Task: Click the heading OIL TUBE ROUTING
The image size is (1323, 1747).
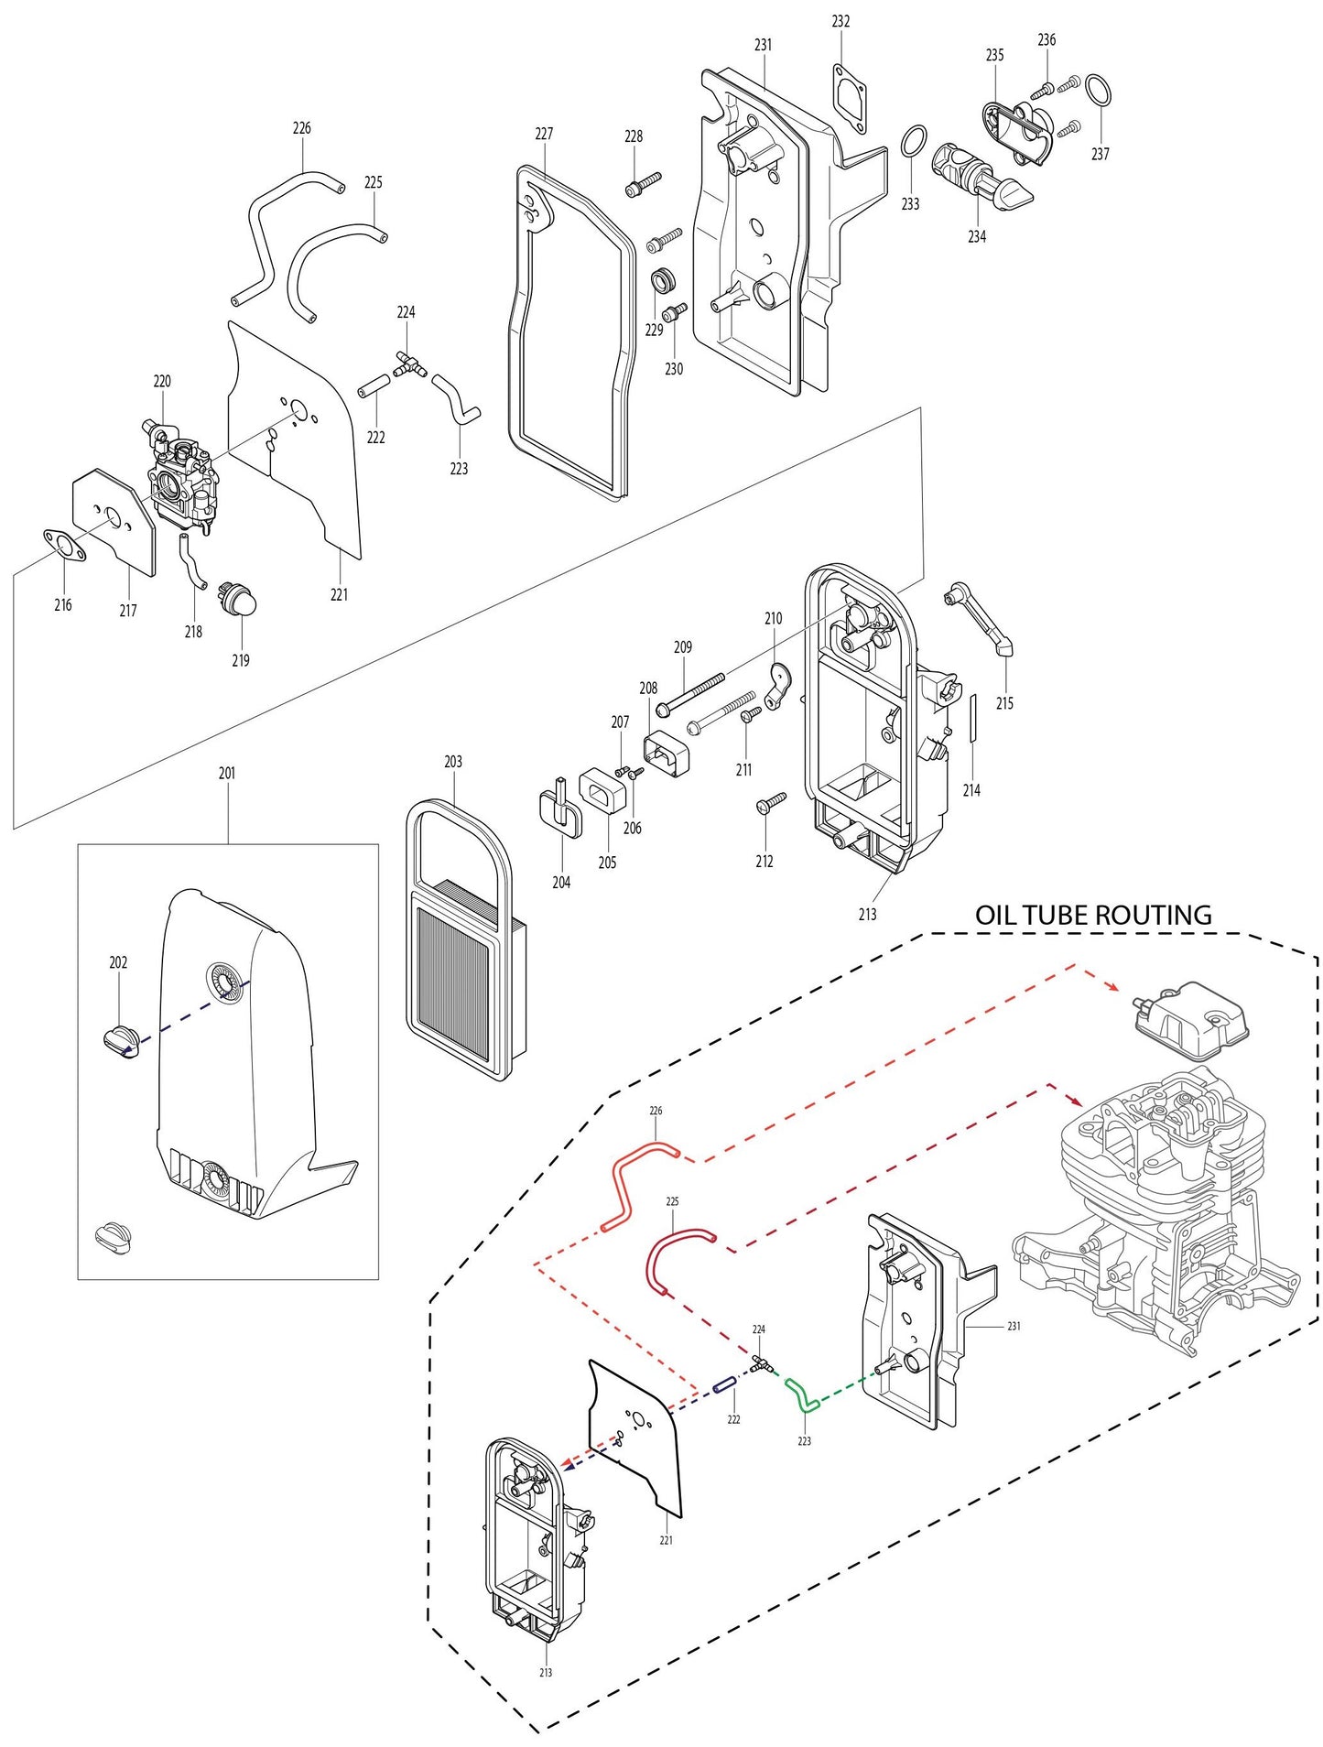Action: click(1092, 915)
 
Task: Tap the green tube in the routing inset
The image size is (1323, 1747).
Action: click(799, 1393)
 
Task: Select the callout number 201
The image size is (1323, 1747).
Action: click(227, 773)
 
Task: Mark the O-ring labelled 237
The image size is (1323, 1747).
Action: click(1099, 92)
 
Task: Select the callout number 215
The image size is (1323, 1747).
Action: click(1004, 703)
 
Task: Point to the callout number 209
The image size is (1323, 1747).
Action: click(683, 646)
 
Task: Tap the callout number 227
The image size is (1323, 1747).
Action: click(544, 134)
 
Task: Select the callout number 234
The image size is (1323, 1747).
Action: click(977, 236)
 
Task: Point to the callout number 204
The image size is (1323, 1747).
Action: click(561, 883)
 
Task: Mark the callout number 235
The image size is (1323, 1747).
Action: click(994, 55)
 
